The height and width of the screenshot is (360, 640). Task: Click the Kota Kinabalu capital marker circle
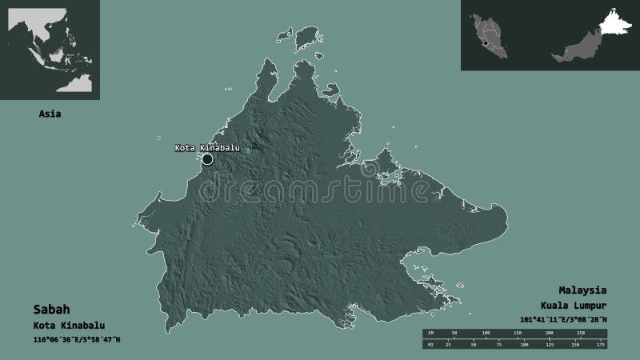(x=207, y=159)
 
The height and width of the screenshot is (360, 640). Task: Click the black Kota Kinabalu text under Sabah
(x=70, y=326)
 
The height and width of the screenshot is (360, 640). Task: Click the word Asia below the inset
(x=50, y=114)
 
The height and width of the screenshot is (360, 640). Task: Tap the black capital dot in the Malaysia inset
(x=486, y=35)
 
